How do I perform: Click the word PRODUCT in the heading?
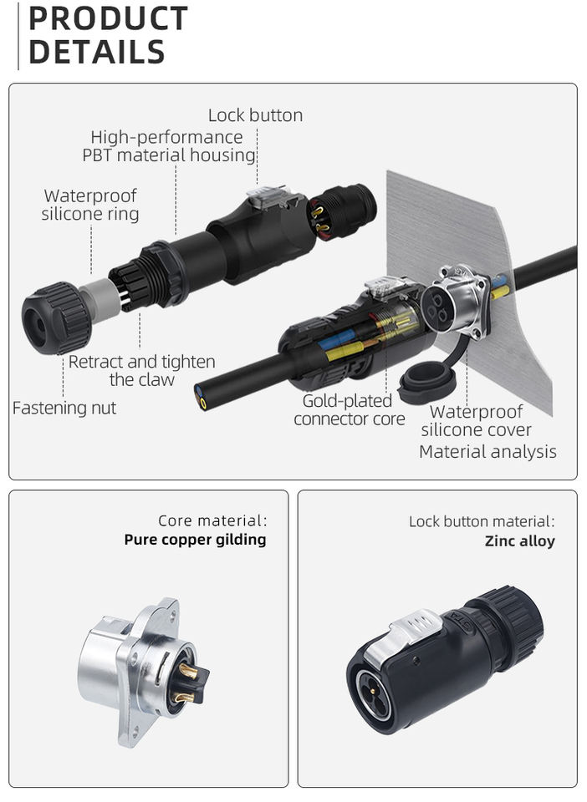coord(108,18)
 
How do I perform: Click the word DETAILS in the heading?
coord(96,52)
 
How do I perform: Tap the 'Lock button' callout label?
coord(255,115)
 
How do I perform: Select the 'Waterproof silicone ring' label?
coord(90,205)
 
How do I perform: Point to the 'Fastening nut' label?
coord(64,408)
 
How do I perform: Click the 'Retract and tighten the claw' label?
coord(141,371)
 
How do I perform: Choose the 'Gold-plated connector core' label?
coord(349,410)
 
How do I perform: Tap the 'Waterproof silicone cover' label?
coord(476,421)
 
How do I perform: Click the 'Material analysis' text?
coord(487,452)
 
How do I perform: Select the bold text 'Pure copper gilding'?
coord(195,540)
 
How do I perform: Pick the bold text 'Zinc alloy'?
coord(519,541)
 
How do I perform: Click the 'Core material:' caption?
coord(212,521)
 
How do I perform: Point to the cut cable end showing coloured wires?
coord(202,396)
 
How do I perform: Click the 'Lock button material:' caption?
coord(481,521)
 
